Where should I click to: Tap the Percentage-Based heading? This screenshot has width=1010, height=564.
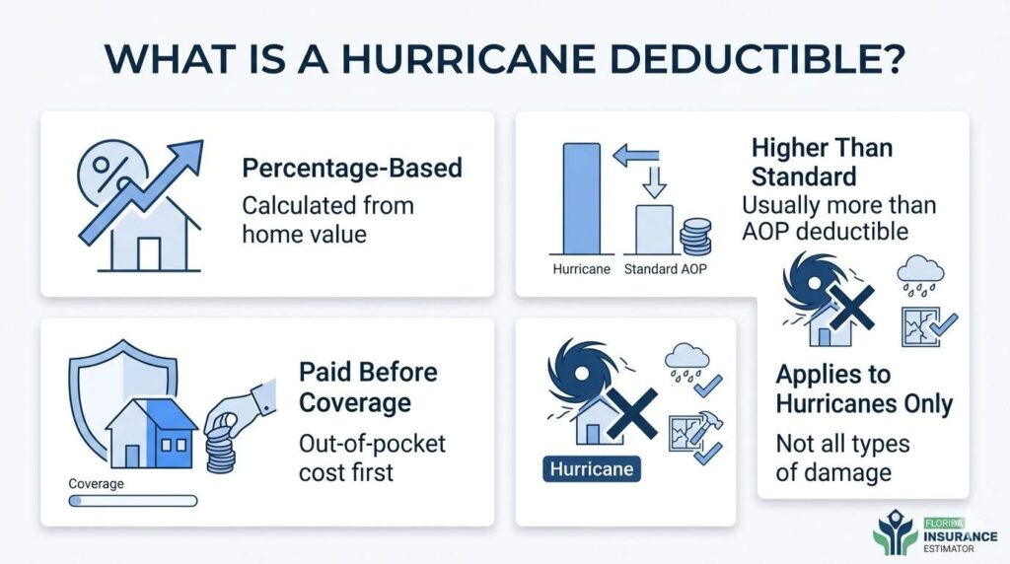[x=352, y=168]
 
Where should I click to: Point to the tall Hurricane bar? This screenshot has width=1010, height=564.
[x=580, y=198]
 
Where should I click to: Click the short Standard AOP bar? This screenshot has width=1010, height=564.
[x=655, y=229]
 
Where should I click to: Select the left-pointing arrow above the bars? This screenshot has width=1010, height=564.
[x=634, y=153]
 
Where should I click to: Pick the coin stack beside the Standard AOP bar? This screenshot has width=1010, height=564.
[x=696, y=237]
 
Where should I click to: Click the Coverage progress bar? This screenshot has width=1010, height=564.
[x=132, y=501]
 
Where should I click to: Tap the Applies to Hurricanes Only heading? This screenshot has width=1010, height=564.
[x=864, y=389]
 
